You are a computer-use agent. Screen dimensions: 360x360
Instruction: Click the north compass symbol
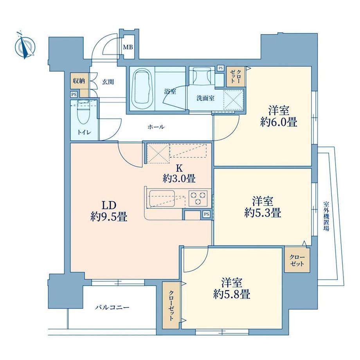25,47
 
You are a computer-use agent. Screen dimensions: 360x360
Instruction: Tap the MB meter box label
128,47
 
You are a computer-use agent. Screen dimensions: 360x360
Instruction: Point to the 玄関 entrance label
108,82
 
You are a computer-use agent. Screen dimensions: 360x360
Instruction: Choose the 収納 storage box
79,81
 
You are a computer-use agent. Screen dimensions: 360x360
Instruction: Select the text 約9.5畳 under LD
109,216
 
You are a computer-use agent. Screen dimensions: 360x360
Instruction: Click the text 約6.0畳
279,122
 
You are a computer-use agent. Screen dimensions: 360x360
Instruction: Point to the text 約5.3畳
263,212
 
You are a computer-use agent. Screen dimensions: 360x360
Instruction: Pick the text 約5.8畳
231,294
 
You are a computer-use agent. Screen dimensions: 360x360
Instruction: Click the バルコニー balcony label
112,307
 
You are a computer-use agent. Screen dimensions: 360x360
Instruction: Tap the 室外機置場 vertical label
326,216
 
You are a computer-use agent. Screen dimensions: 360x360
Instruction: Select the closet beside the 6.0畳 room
236,77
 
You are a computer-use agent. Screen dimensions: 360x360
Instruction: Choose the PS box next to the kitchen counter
207,214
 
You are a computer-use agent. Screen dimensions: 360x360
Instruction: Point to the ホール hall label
156,127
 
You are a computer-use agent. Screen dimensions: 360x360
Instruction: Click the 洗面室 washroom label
205,98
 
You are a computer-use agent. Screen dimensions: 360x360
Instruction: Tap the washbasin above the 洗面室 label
202,76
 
